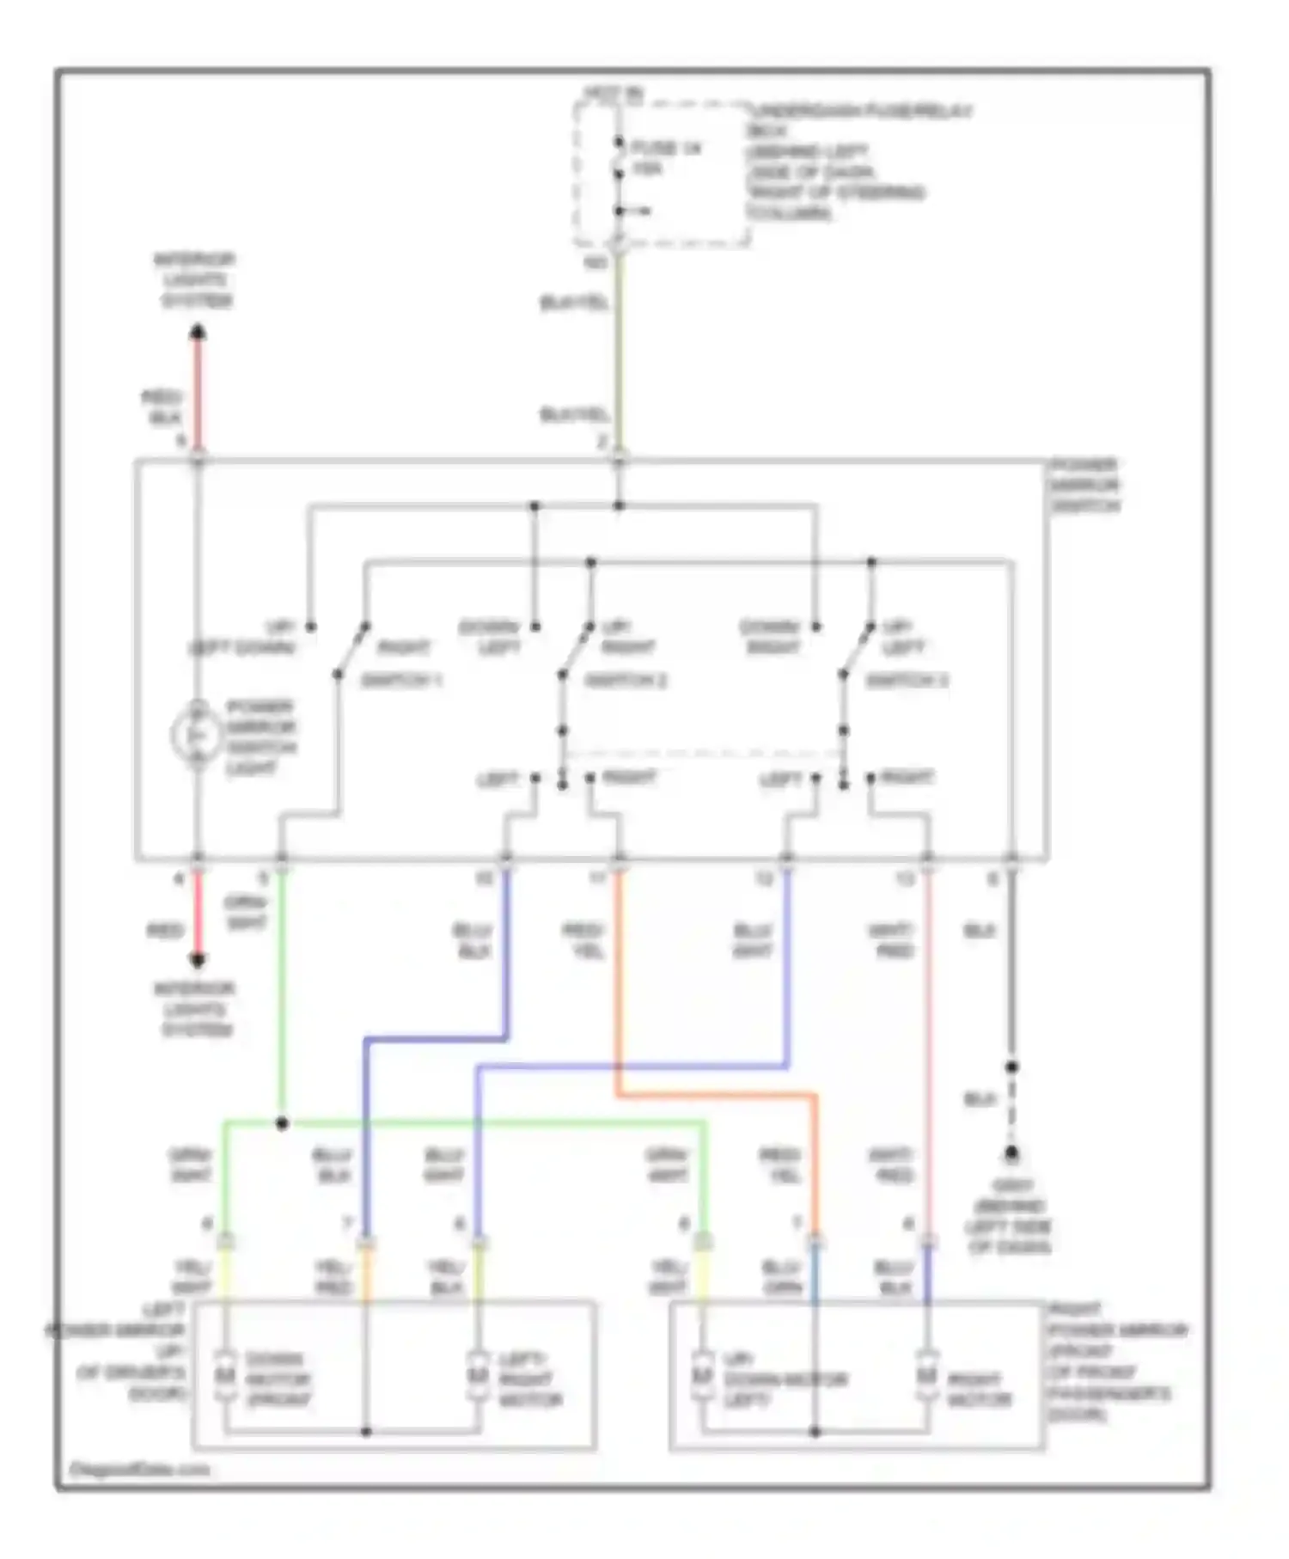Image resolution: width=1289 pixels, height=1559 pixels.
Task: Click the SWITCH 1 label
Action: coord(400,681)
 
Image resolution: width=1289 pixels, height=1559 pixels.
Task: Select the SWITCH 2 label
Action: coord(626,681)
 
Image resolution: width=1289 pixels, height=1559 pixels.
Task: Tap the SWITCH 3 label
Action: coord(907,681)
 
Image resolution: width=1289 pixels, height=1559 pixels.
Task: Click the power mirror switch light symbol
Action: coord(197,735)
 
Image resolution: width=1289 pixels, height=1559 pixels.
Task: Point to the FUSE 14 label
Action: coord(666,149)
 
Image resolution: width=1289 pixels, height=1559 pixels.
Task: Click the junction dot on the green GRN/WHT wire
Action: coord(282,1122)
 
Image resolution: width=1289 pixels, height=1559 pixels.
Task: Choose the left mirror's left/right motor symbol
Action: coord(479,1375)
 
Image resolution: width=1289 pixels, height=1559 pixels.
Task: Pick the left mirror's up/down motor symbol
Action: coord(225,1375)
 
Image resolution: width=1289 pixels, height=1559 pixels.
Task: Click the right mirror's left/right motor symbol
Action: coord(927,1375)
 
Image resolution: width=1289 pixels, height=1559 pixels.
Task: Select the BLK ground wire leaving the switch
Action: coord(1011,963)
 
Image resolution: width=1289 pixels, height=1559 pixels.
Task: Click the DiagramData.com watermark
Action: coord(139,1470)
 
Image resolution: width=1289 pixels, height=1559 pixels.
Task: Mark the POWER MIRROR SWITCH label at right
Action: coord(1084,486)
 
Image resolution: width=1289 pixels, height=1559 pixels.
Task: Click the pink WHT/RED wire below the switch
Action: coord(928,1031)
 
